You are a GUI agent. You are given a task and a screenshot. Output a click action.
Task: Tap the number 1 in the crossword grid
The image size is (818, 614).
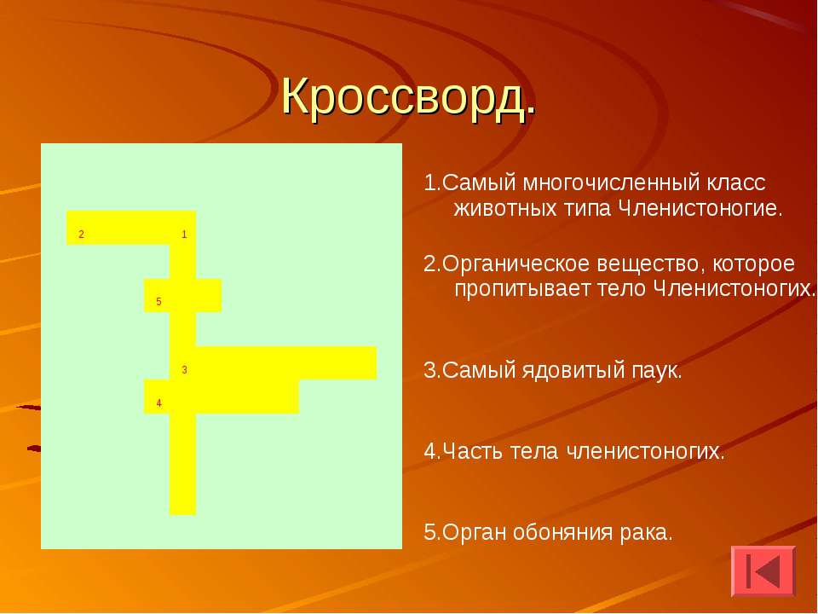tap(184, 235)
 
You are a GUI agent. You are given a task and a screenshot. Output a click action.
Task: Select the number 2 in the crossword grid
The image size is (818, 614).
tap(82, 235)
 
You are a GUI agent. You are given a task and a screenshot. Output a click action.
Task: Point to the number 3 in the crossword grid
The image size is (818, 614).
tap(184, 370)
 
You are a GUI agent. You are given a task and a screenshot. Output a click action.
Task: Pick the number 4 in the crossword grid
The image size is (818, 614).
tap(159, 403)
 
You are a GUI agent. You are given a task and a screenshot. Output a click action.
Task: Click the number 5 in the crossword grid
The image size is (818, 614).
tap(159, 301)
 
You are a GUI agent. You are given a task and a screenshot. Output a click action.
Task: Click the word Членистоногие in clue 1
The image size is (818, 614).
tap(700, 209)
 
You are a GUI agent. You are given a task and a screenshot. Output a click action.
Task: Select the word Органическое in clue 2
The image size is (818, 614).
tap(516, 264)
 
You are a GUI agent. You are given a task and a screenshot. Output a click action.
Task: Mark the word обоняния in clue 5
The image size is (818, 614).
tap(563, 533)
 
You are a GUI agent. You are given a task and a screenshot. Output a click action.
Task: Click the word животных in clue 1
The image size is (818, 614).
tap(505, 209)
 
